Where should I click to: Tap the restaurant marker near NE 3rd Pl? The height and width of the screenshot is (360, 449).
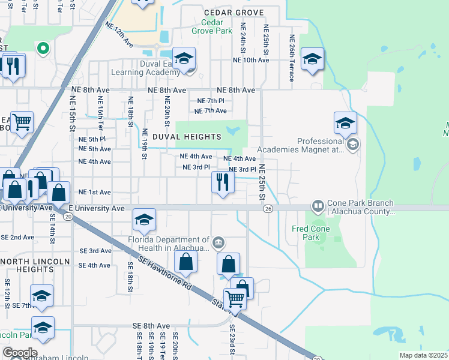pyautogui.click(x=223, y=182)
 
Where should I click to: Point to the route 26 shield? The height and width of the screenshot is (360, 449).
pyautogui.click(x=268, y=208)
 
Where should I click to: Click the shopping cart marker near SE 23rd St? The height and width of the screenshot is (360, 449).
pyautogui.click(x=235, y=298)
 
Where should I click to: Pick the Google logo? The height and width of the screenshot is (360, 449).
pyautogui.click(x=20, y=353)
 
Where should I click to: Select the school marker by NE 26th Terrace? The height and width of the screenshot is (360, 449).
pyautogui.click(x=312, y=59)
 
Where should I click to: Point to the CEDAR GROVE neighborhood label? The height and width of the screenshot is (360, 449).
pyautogui.click(x=234, y=12)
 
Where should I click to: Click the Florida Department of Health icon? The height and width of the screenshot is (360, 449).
pyautogui.click(x=218, y=242)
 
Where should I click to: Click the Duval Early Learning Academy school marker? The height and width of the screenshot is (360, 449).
pyautogui.click(x=184, y=59)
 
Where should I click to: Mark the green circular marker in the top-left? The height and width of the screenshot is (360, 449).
pyautogui.click(x=43, y=48)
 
